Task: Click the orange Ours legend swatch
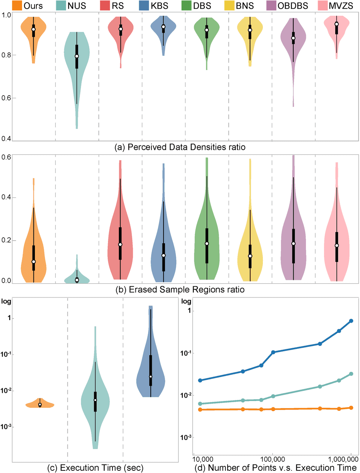(x=17, y=6)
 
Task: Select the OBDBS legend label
(x=292, y=6)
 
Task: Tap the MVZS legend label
(x=341, y=6)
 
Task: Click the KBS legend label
(x=159, y=6)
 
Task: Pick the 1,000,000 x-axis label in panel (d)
(x=343, y=460)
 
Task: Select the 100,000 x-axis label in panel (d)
(x=273, y=460)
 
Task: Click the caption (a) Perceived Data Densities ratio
(x=180, y=147)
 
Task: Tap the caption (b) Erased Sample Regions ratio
(x=180, y=289)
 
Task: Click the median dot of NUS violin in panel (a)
(x=77, y=56)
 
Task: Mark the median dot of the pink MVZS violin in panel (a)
(x=337, y=24)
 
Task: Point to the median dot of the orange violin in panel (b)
(x=34, y=262)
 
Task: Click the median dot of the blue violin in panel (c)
(x=151, y=376)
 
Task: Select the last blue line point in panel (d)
(x=351, y=321)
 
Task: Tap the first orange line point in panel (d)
(x=200, y=410)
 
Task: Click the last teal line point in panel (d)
(x=351, y=374)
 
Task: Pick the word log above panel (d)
(x=186, y=301)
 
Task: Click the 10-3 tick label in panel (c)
(x=6, y=427)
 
